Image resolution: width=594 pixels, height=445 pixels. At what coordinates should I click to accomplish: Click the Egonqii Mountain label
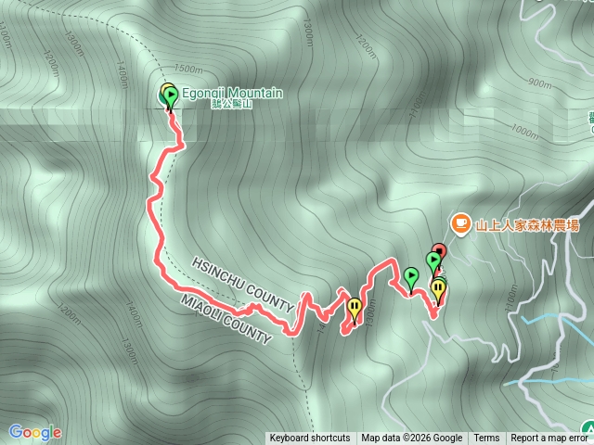coord(231,92)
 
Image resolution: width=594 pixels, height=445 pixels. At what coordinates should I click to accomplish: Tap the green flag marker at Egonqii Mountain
coord(170,95)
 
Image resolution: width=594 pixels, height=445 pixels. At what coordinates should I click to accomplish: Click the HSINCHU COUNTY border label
coord(242,279)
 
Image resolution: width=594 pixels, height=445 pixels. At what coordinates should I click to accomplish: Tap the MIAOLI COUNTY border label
coord(227,318)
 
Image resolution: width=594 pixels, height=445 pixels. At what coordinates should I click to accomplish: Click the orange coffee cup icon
coord(459,222)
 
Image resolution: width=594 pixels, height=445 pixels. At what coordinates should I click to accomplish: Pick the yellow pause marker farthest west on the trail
coord(354,307)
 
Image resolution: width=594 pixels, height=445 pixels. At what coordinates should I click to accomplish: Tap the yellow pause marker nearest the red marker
coord(438,289)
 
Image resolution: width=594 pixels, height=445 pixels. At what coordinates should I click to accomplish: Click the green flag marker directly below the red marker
coord(433,261)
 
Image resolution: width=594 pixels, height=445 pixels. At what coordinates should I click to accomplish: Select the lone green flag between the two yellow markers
coord(410,275)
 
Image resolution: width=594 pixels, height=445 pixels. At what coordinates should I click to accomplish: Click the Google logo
coord(35,432)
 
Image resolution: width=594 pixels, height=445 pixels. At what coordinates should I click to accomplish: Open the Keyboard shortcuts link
coord(310,439)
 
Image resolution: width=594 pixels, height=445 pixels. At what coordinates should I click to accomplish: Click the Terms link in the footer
coord(486,439)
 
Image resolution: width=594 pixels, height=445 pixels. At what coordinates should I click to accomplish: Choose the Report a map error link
coord(550,439)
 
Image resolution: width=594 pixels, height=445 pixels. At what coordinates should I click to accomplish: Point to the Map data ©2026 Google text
coord(412,439)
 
